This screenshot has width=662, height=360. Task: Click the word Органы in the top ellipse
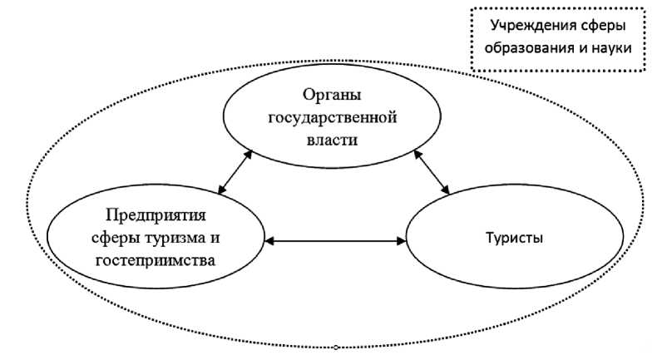(331, 93)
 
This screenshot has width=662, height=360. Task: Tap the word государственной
(332, 116)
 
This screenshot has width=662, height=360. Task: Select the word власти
(331, 140)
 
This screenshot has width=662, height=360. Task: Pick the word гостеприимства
(156, 260)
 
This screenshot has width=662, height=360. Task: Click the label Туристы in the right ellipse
(515, 239)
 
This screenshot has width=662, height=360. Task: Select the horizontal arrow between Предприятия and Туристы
(335, 241)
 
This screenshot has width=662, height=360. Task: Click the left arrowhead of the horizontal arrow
(268, 241)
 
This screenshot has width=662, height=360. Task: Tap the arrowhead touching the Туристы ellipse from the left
(402, 241)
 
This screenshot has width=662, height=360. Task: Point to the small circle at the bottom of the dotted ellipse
(336, 346)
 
